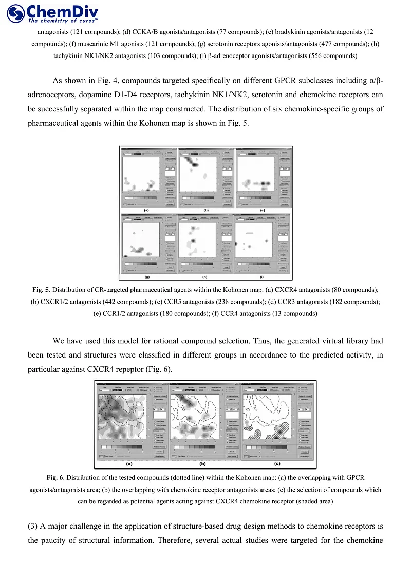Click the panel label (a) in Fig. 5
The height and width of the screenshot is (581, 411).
click(x=146, y=210)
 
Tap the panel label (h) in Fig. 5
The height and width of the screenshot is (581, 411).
click(x=206, y=277)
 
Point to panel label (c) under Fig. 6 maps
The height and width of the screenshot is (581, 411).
click(x=277, y=464)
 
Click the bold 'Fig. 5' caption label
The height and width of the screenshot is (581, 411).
click(x=41, y=290)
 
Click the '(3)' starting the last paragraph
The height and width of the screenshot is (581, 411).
click(x=34, y=526)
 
